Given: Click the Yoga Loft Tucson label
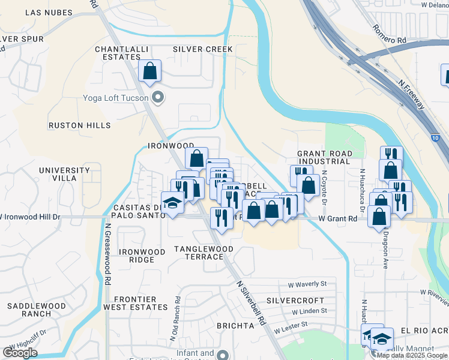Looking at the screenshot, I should click(116, 97).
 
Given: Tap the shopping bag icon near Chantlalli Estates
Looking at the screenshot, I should click(149, 71).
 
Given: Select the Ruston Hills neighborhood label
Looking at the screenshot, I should click(80, 125).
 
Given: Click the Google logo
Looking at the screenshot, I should click(19, 353).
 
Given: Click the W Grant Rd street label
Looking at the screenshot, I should click(337, 219).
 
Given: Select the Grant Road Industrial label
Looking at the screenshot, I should click(324, 157).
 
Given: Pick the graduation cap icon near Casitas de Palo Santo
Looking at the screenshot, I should click(172, 202).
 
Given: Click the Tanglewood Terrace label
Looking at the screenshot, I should click(204, 252).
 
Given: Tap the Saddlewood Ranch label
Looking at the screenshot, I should click(37, 310).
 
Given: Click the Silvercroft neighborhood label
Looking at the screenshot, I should click(295, 300).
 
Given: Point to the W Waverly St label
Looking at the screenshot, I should click(307, 284).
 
